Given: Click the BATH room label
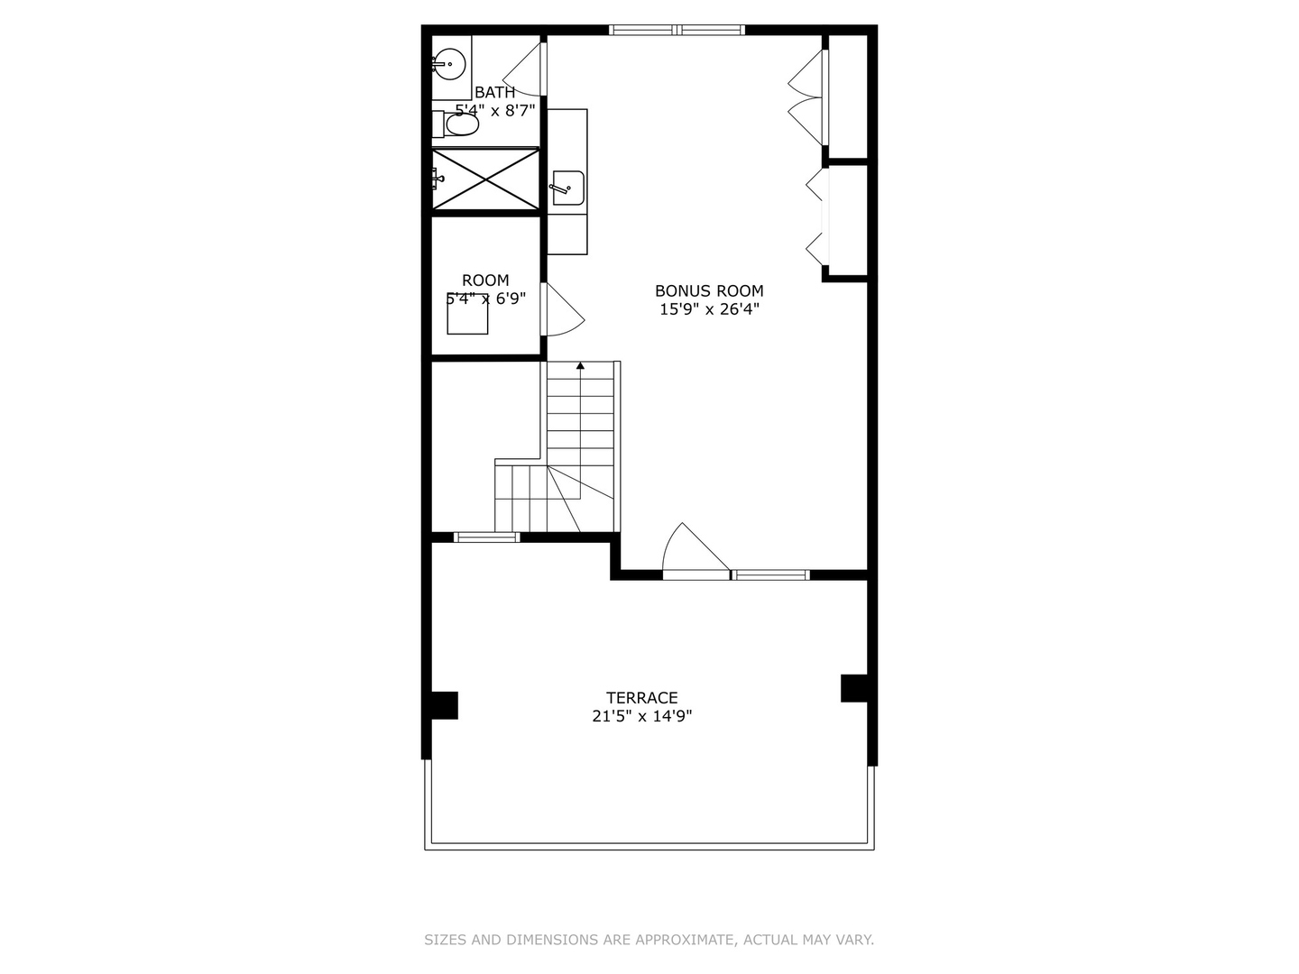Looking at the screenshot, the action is (494, 92).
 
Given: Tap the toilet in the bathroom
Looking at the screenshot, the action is (456, 124).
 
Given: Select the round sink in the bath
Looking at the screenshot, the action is (450, 64).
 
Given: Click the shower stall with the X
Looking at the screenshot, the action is (486, 179).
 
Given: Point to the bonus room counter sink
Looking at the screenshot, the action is (568, 188).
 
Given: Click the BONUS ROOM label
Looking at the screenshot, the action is (709, 291).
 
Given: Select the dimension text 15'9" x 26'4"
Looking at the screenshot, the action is (709, 309).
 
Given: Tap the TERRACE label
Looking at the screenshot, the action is (641, 698).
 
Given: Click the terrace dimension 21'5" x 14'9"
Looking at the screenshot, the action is (642, 716).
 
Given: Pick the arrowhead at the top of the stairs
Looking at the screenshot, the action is (581, 366).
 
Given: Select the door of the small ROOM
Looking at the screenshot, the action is (562, 309).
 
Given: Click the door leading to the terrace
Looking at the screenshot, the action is (696, 550).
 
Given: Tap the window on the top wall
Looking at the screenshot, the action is (677, 30).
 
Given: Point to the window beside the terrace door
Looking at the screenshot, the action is (770, 574).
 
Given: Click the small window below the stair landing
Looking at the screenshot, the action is (486, 538).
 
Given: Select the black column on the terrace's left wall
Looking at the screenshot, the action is (445, 705).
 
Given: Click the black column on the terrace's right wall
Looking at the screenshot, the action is (854, 688).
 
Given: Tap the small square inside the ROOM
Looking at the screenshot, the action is (467, 314).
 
